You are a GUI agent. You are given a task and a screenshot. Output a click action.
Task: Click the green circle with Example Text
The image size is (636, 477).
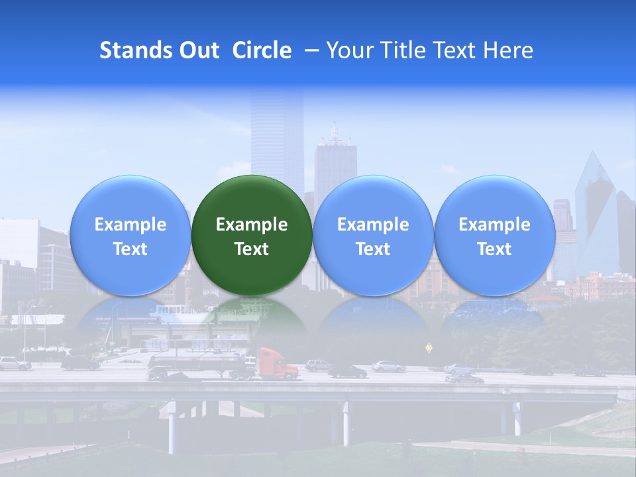(252, 235)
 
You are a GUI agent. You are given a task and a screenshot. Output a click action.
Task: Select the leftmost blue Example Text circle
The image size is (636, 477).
(130, 235)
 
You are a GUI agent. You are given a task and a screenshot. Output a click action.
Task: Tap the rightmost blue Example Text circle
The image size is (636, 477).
(494, 235)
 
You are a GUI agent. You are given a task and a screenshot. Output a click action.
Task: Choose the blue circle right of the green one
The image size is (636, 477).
(373, 235)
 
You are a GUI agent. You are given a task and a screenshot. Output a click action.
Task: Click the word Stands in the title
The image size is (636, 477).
(136, 50)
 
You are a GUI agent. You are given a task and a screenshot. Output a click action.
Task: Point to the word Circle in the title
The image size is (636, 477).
(262, 50)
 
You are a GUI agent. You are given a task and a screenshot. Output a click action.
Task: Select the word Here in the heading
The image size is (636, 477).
(507, 50)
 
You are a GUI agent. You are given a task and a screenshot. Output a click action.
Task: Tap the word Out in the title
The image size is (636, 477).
(199, 50)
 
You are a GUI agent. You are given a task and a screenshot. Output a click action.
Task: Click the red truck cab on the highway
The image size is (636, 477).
(275, 364)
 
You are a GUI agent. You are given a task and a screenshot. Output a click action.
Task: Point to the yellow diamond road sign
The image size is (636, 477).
(429, 346)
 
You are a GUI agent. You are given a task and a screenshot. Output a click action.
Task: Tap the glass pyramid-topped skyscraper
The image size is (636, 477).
(595, 212)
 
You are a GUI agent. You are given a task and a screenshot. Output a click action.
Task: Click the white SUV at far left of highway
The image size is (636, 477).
(13, 363)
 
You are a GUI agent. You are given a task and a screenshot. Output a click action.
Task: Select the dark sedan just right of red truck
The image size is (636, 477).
(347, 371)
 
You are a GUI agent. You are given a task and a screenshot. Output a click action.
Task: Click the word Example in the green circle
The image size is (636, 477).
(252, 225)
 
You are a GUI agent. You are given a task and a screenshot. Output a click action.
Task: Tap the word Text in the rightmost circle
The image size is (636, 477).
(494, 249)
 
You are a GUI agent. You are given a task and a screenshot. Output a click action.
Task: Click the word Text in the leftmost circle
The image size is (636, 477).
(130, 249)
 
